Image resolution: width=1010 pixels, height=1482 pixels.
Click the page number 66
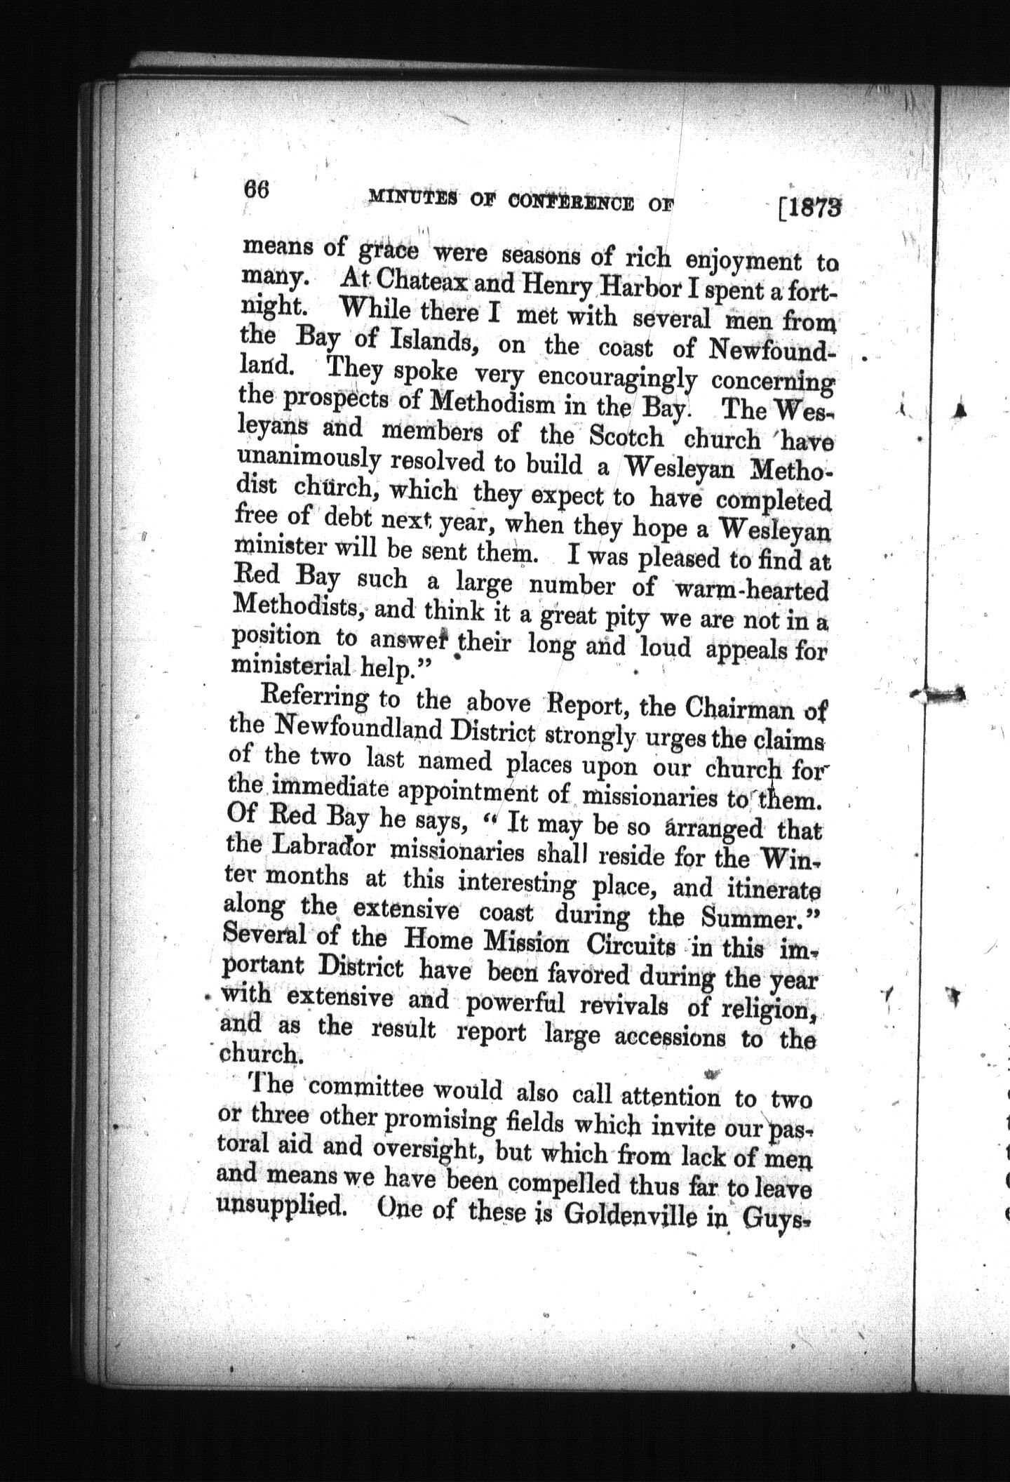tap(257, 190)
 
